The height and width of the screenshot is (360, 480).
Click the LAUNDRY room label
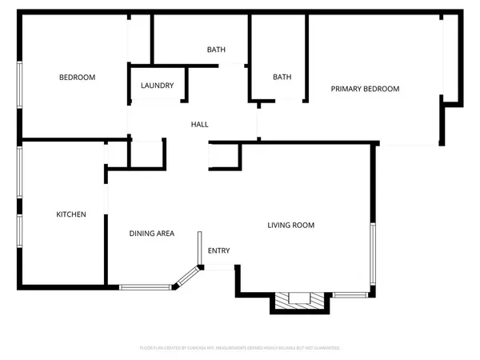(157, 86)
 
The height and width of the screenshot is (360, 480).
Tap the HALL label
(199, 125)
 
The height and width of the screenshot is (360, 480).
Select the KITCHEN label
(70, 214)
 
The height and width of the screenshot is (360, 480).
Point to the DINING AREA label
(152, 234)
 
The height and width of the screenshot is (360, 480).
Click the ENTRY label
(219, 251)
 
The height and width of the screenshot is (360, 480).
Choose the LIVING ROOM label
(290, 226)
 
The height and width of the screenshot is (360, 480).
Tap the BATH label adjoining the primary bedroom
(282, 78)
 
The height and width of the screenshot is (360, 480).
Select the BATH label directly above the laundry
(216, 50)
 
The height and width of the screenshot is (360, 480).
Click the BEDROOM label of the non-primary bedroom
(78, 78)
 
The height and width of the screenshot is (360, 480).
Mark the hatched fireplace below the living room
(299, 300)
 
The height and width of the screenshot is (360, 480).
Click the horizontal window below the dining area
(143, 286)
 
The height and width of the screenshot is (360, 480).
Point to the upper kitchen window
(20, 173)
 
